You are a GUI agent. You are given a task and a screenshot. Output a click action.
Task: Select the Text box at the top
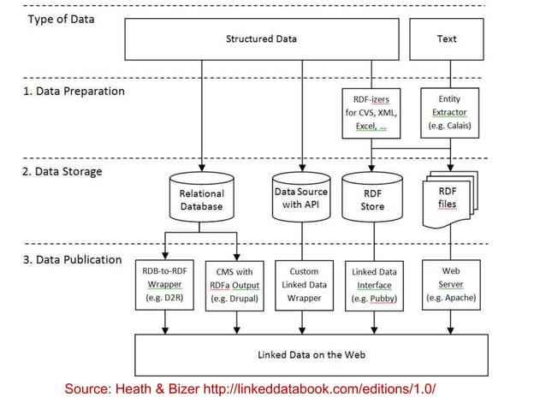(x=446, y=39)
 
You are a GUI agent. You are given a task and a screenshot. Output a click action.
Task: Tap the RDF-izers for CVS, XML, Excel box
(x=371, y=113)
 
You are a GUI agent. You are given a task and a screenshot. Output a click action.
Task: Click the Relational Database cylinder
(x=201, y=199)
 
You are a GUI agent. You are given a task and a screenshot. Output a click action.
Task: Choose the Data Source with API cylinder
(x=300, y=198)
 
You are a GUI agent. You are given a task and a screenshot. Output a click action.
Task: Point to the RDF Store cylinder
(x=372, y=199)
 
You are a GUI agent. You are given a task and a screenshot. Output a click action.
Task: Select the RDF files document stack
(x=448, y=198)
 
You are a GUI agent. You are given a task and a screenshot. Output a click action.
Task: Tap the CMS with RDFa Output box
(x=234, y=285)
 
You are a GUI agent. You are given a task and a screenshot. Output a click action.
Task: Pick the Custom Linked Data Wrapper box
(x=304, y=285)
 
